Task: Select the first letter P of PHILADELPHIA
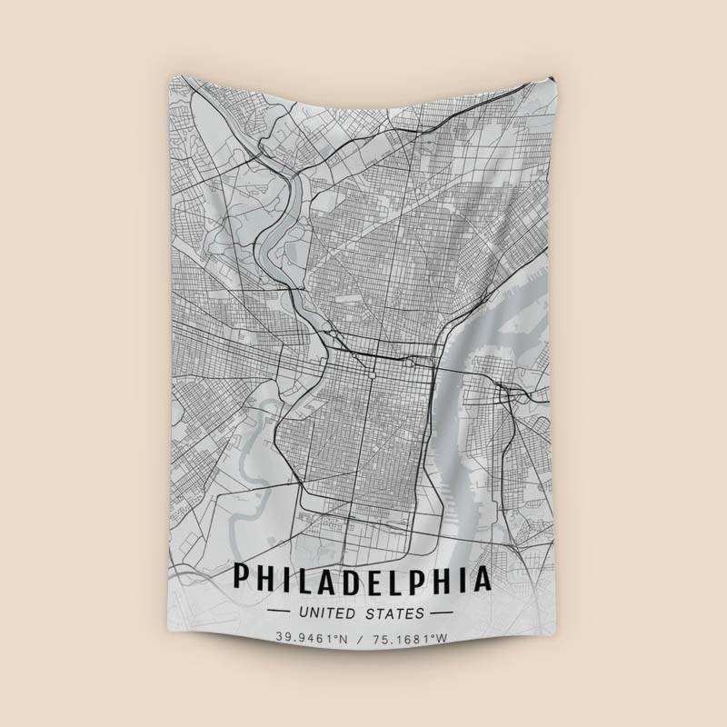pyautogui.click(x=242, y=578)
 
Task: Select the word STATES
pyautogui.click(x=394, y=612)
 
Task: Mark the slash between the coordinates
pyautogui.click(x=363, y=638)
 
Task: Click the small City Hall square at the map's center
pyautogui.click(x=372, y=371)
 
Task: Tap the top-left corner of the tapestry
pyautogui.click(x=170, y=76)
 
